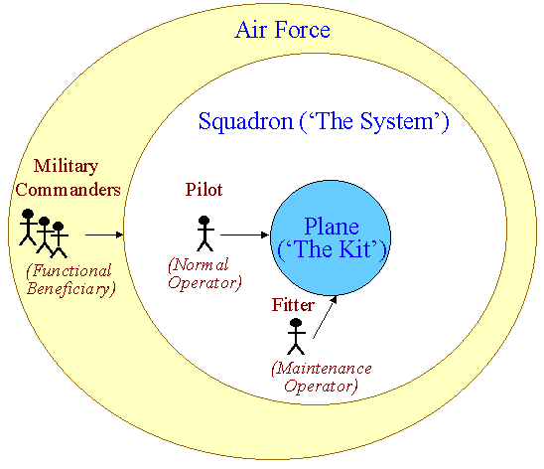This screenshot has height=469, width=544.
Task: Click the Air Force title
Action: [x=282, y=30]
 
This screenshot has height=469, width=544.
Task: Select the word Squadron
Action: [x=245, y=122]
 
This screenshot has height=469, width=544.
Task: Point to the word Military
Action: [x=66, y=166]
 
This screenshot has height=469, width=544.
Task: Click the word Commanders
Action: [x=68, y=190]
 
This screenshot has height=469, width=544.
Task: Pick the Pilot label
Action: [x=204, y=190]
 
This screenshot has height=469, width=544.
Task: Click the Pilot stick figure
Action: [x=205, y=234]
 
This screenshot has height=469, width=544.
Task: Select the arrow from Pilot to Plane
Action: [x=244, y=235]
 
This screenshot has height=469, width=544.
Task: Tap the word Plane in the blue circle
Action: [x=332, y=227]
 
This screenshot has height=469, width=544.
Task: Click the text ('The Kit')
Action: [x=332, y=249]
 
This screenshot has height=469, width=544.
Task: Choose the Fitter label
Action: [x=293, y=305]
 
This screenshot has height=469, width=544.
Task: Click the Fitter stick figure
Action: [x=296, y=337]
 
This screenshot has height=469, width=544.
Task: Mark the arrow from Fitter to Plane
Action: [x=325, y=317]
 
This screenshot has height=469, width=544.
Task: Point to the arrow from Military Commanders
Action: [x=104, y=235]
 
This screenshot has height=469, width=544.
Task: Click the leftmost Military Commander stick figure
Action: [x=28, y=227]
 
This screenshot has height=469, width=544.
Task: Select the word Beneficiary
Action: [x=71, y=289]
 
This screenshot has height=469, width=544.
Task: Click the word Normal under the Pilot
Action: [x=199, y=265]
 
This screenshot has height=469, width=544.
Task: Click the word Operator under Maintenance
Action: [x=321, y=387]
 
